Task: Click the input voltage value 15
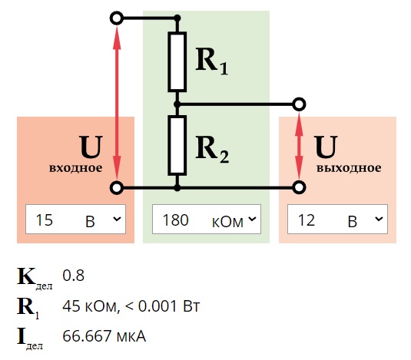point(45,220)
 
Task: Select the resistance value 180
point(175,220)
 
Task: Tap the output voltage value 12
point(307,220)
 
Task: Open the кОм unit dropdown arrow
point(252,219)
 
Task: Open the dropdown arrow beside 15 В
point(117,219)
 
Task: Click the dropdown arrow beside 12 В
point(379,219)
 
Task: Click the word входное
point(76,168)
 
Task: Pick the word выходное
point(349,168)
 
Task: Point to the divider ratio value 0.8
point(74,276)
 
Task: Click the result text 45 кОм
point(89,306)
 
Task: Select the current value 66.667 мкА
point(104,336)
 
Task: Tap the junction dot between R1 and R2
point(177,104)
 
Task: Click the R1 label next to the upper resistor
point(212,61)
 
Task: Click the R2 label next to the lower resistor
point(212,149)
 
